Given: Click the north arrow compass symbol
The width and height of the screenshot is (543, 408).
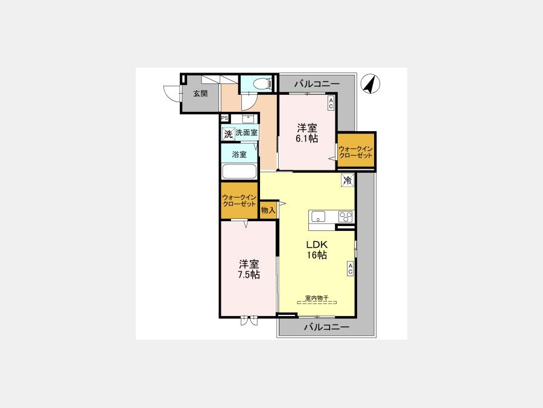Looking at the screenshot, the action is tap(370, 84).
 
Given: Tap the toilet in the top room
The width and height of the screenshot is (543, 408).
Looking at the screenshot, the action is tap(261, 83).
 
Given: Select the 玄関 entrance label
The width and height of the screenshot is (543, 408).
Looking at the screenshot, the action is tap(200, 93).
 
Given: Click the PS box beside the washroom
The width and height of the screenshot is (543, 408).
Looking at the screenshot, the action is tap(224, 118).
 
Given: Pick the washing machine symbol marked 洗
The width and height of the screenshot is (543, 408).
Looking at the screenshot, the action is tap(228, 134).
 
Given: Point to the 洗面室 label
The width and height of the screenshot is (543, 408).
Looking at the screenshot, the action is tap(247, 132).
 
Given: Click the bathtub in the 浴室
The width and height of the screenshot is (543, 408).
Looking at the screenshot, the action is tap(240, 172).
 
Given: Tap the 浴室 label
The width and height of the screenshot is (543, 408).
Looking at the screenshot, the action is tap(240, 154).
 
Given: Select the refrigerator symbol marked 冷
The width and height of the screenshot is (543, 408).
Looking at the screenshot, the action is tap(348, 180).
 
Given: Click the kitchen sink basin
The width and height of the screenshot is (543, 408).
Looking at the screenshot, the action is tap(318, 216).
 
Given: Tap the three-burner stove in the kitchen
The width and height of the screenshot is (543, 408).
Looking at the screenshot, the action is tap(345, 216).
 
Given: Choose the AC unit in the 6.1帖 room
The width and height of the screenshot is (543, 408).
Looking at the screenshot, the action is tap(331, 103).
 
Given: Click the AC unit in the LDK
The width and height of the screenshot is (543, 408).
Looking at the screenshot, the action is tap(350, 268).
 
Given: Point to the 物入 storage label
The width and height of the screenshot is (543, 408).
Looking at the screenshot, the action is tap(268, 210).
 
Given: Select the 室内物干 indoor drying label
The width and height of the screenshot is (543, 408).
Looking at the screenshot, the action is tap(317, 298).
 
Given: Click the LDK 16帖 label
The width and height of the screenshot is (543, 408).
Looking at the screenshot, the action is tap(317, 250).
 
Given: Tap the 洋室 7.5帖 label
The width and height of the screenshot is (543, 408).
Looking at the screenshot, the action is tap(249, 269).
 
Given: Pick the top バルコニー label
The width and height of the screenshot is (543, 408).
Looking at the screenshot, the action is tap(317, 83).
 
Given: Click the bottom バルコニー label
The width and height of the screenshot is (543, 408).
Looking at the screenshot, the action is tap(326, 327).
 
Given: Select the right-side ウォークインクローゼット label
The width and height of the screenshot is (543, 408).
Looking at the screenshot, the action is tap(355, 152).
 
